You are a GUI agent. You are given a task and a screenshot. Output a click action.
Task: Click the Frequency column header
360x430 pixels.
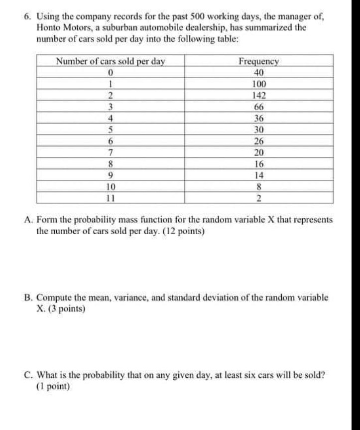pos(259,62)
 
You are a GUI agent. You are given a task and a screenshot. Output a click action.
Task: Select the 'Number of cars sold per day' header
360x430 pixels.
pos(110,62)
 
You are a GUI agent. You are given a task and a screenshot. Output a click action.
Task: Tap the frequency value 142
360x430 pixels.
pos(259,96)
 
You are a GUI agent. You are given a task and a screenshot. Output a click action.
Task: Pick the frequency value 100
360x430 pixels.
pos(259,84)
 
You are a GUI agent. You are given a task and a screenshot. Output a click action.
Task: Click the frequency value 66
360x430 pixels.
pos(259,107)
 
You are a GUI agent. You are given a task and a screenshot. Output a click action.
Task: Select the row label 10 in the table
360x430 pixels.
pos(110,187)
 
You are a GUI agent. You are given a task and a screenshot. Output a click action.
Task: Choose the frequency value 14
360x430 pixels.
pos(259,175)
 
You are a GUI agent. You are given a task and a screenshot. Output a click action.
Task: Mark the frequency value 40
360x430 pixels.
pos(259,73)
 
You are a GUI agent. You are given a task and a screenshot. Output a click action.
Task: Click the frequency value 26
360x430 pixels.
pos(259,141)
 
